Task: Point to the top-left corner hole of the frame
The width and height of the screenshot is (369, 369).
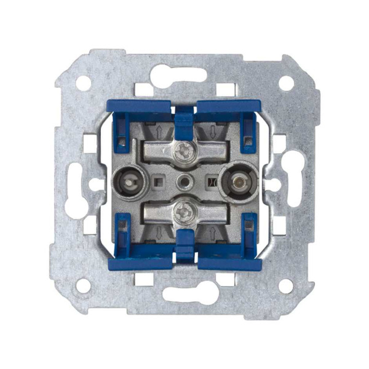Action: point(82,83)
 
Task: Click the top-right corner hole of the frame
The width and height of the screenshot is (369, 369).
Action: point(286,83)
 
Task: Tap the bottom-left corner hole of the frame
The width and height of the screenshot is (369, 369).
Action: point(82,285)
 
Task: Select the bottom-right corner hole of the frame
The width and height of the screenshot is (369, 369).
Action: point(286,285)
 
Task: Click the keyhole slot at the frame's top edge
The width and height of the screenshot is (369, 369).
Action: point(184,76)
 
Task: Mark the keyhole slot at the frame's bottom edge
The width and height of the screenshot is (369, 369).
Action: point(184,293)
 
